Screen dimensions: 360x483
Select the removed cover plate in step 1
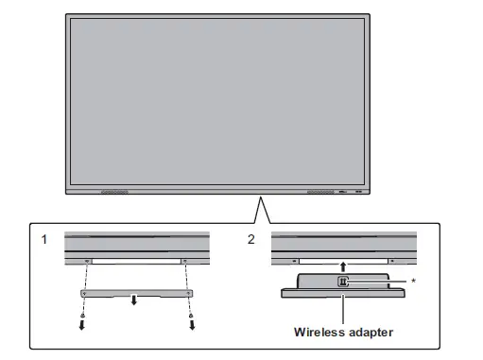(x=136, y=294)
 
